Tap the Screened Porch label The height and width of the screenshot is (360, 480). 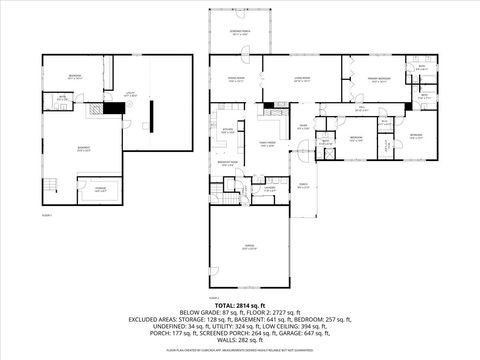[238, 34]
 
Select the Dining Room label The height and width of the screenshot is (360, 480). [237, 79]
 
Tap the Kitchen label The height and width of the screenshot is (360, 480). [228, 130]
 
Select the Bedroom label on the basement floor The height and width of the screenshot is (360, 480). [75, 77]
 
